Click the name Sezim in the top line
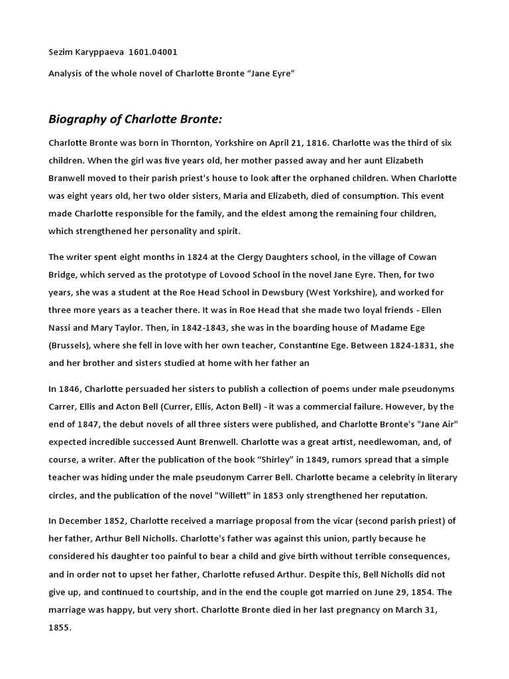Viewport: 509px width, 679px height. coord(60,52)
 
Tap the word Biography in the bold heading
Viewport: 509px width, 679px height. coord(78,119)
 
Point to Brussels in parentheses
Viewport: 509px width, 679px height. coord(74,345)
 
